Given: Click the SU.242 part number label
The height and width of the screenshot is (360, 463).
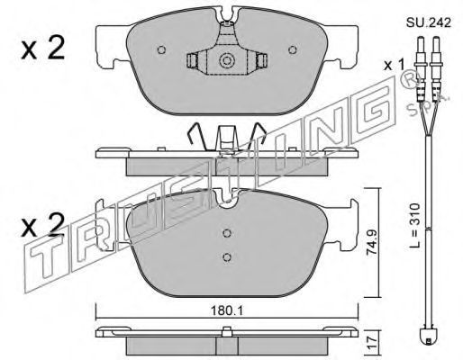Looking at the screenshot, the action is [x=429, y=22].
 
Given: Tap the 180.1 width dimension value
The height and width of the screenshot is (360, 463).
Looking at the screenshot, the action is [x=227, y=310].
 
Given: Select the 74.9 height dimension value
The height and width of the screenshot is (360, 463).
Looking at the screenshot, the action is [x=372, y=243].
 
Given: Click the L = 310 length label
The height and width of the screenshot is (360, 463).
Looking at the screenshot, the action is [x=414, y=225].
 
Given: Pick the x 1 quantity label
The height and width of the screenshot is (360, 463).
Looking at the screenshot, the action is [x=395, y=65].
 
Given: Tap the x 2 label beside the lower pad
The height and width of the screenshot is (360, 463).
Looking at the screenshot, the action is [x=43, y=224].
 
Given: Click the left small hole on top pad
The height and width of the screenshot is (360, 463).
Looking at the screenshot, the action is [x=161, y=49].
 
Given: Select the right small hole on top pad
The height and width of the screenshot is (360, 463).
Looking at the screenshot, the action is [x=293, y=49].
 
